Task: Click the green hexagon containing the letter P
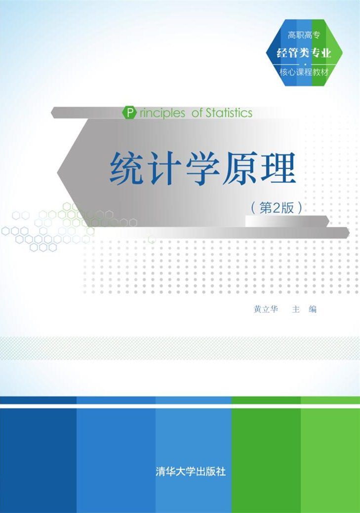pyautogui.click(x=129, y=113)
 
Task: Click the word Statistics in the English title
pyautogui.click(x=229, y=113)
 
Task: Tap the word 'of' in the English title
pyautogui.click(x=197, y=113)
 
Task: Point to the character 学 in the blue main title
pyautogui.click(x=203, y=169)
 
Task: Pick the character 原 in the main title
pyautogui.click(x=240, y=169)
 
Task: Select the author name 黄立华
pyautogui.click(x=266, y=309)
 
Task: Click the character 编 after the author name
pyautogui.click(x=313, y=309)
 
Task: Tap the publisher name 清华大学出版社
pyautogui.click(x=191, y=472)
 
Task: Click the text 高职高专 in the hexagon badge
pyautogui.click(x=304, y=35)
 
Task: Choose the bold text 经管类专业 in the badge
pyautogui.click(x=304, y=53)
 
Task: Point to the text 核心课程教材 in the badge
pyautogui.click(x=304, y=72)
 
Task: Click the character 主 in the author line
pyautogui.click(x=296, y=309)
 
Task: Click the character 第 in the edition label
pyautogui.click(x=266, y=208)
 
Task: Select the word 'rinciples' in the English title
pyautogui.click(x=162, y=114)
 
